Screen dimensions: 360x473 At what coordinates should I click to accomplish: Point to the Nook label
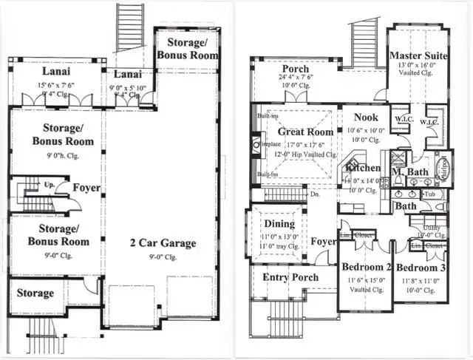coord(365,117)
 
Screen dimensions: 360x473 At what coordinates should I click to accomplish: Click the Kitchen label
coord(362,169)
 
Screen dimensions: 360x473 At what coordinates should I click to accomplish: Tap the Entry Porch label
coord(291,277)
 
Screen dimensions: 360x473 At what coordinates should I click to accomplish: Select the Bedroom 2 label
coord(366,268)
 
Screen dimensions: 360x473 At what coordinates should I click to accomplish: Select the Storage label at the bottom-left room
coord(35,293)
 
